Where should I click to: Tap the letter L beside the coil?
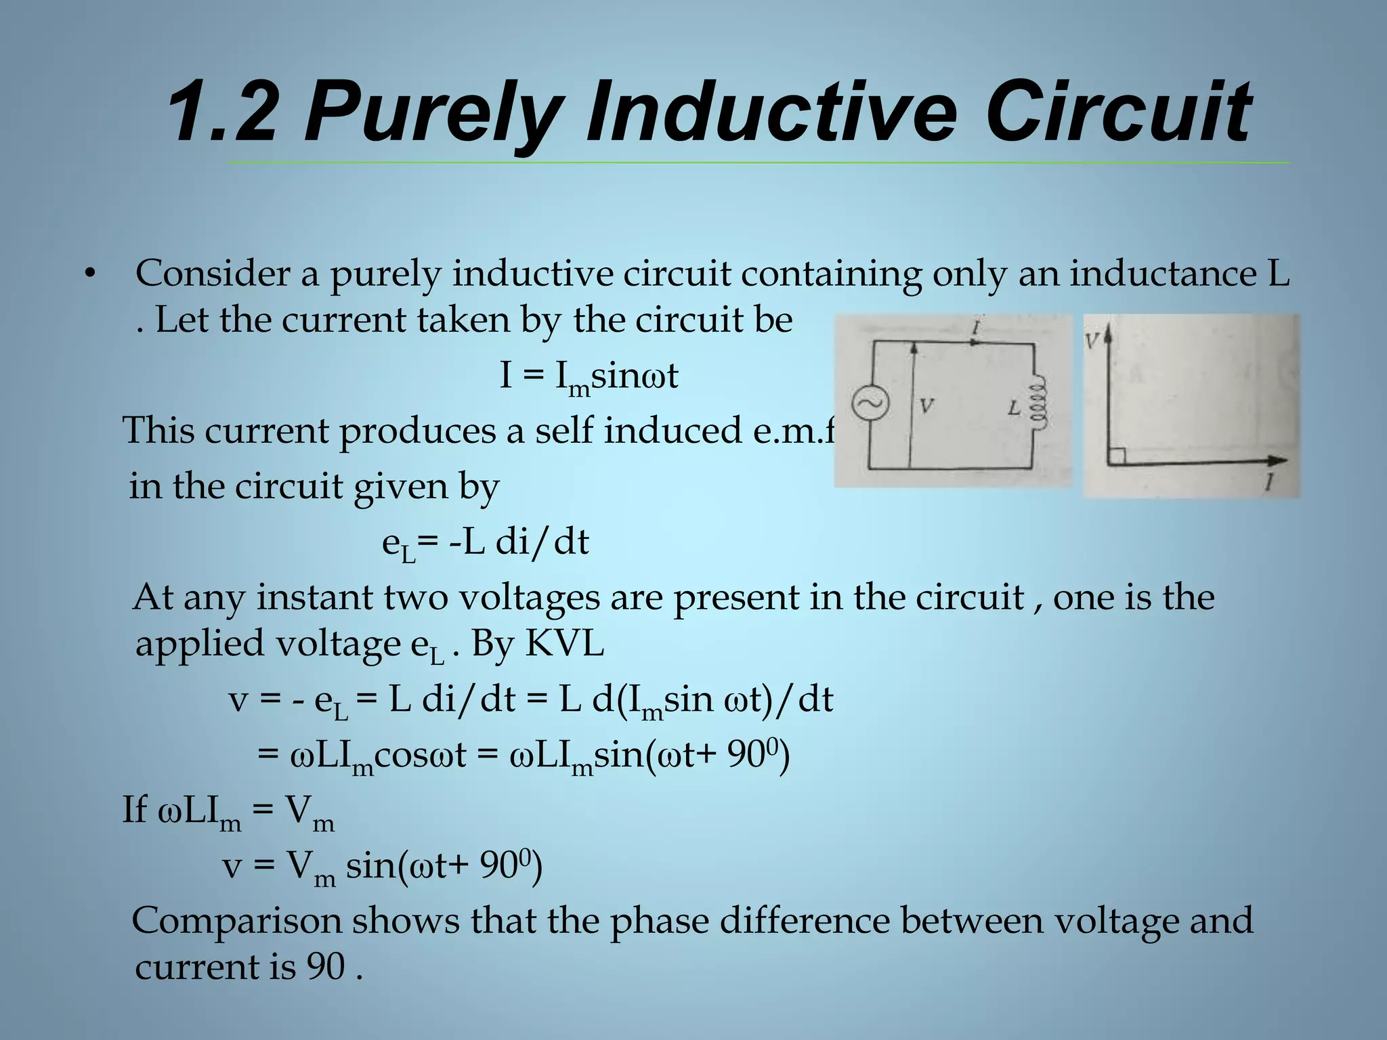coord(1014,408)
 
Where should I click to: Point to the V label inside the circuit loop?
coord(926,406)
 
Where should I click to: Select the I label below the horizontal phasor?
coord(1269,482)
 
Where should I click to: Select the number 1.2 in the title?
coord(220,112)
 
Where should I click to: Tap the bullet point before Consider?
coord(89,275)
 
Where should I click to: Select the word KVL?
coord(564,643)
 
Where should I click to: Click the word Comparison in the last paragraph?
coord(237,922)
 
